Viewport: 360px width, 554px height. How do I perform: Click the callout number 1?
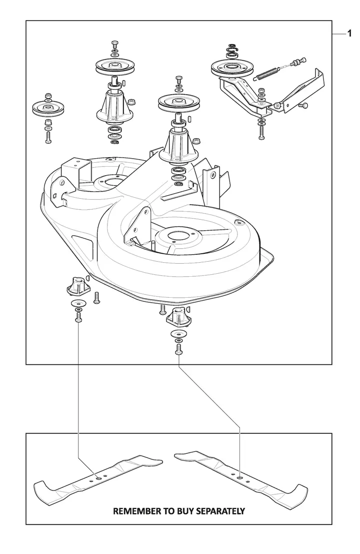[x=349, y=34]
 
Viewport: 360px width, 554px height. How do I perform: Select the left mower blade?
[x=98, y=477]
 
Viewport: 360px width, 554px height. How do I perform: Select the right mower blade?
[x=240, y=477]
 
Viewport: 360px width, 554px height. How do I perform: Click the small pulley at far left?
[x=47, y=108]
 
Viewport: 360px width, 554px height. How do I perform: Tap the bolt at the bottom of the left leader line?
[x=78, y=318]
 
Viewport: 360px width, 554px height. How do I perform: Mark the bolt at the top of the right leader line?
[x=178, y=350]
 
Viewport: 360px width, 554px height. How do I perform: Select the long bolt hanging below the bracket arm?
[x=260, y=133]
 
